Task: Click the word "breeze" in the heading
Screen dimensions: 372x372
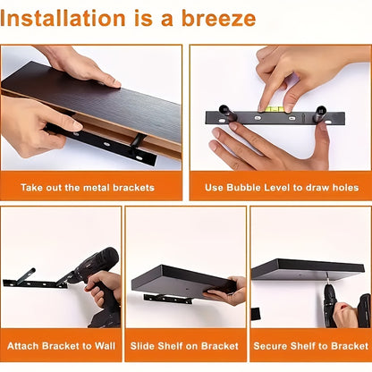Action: coord(218,19)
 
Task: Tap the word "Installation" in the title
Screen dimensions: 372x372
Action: coord(63,19)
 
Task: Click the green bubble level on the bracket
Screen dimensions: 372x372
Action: coord(272,109)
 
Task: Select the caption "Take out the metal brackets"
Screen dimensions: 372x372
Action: coord(88,188)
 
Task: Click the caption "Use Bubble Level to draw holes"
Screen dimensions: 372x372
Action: coord(282,188)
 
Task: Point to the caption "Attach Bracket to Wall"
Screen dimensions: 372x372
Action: coord(61,346)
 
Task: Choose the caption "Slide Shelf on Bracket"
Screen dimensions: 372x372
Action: coord(184,346)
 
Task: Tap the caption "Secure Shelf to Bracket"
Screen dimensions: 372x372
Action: coord(311,346)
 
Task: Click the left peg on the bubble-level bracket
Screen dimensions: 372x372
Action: coord(226,114)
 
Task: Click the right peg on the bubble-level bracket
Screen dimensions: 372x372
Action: coord(319,114)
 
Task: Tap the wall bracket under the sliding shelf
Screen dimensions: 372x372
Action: coord(168,299)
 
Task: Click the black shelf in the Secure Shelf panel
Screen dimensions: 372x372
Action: coord(308,269)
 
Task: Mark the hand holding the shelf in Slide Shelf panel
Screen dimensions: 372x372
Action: coord(226,292)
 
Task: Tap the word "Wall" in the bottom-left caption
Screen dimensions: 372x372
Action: coord(105,346)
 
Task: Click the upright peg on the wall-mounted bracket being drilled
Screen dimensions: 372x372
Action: coord(26,276)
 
